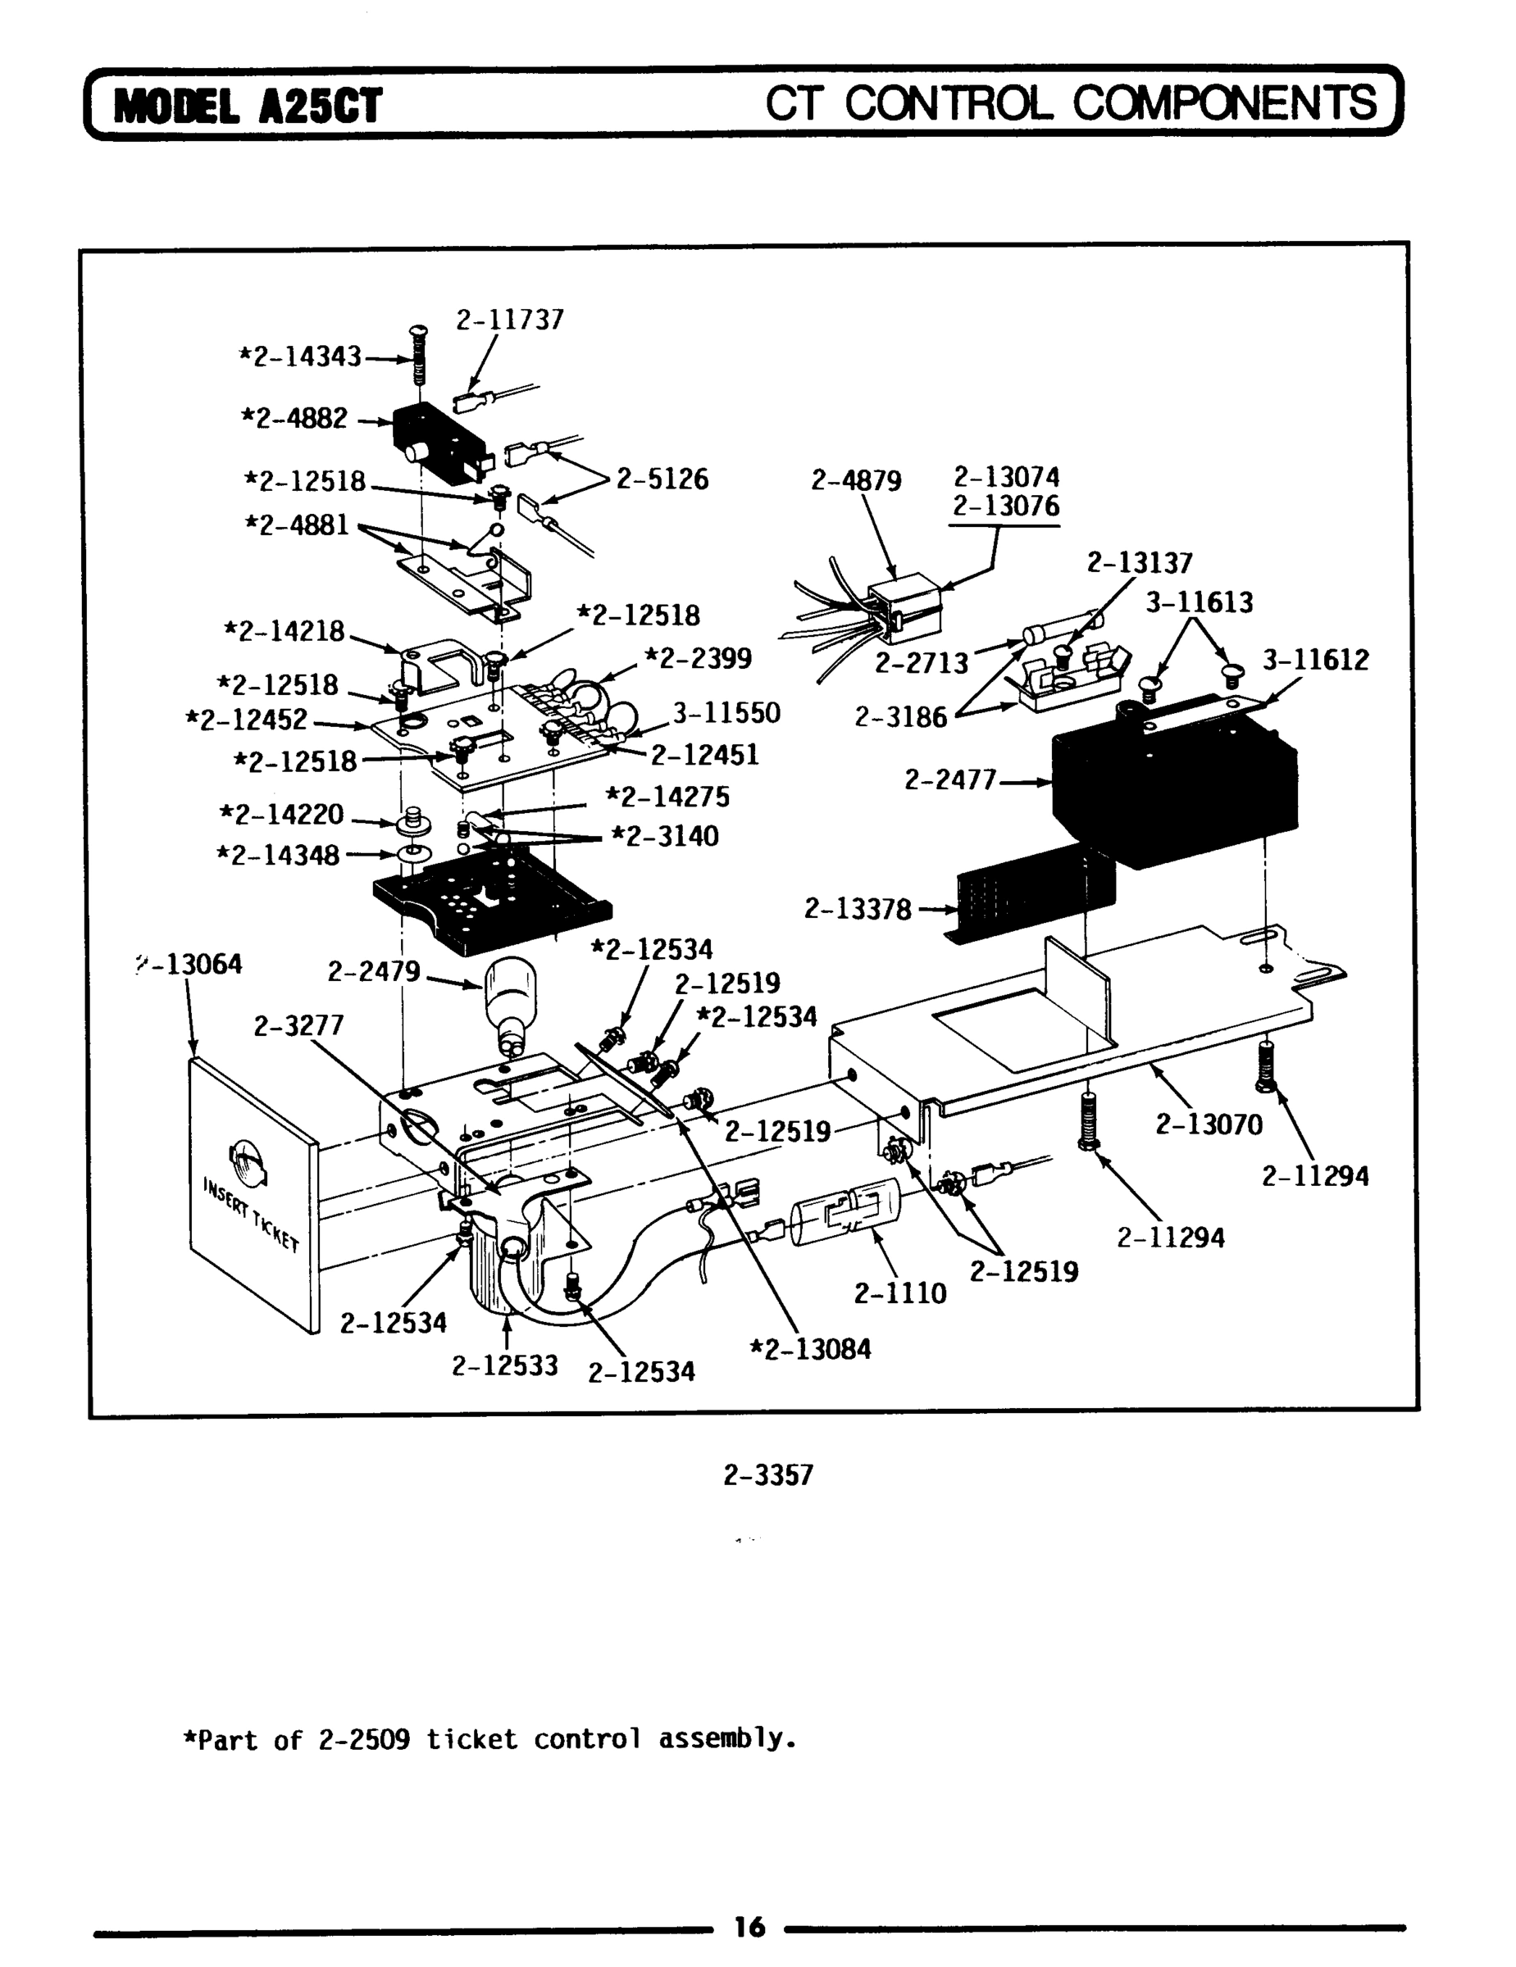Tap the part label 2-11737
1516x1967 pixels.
tap(510, 320)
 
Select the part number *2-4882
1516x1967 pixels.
tap(294, 418)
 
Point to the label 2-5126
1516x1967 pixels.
tap(662, 479)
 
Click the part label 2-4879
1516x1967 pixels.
tap(856, 480)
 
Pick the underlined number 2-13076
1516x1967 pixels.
tap(1006, 507)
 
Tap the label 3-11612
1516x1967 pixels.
tap(1315, 660)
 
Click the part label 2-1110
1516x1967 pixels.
tap(900, 1293)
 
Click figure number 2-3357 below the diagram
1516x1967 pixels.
tap(768, 1474)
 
